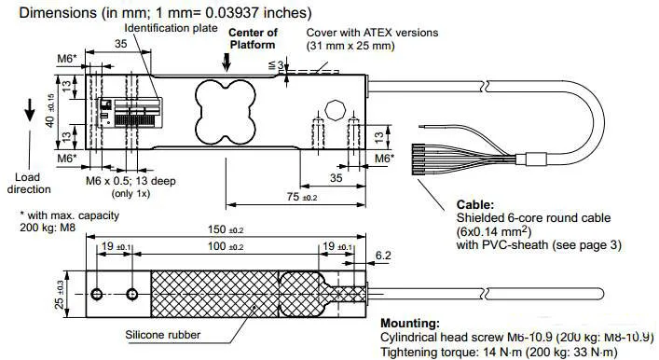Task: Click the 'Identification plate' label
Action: click(x=172, y=28)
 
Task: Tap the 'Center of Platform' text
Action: click(x=253, y=38)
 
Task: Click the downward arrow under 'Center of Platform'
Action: click(x=227, y=62)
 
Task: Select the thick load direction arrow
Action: click(x=30, y=110)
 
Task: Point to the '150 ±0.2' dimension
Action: click(x=226, y=230)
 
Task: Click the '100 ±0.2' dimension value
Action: click(x=226, y=246)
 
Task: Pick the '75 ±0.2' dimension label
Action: click(x=302, y=197)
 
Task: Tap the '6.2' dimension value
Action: click(x=383, y=256)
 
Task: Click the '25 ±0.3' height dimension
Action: click(x=60, y=295)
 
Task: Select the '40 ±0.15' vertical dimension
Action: click(x=50, y=111)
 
